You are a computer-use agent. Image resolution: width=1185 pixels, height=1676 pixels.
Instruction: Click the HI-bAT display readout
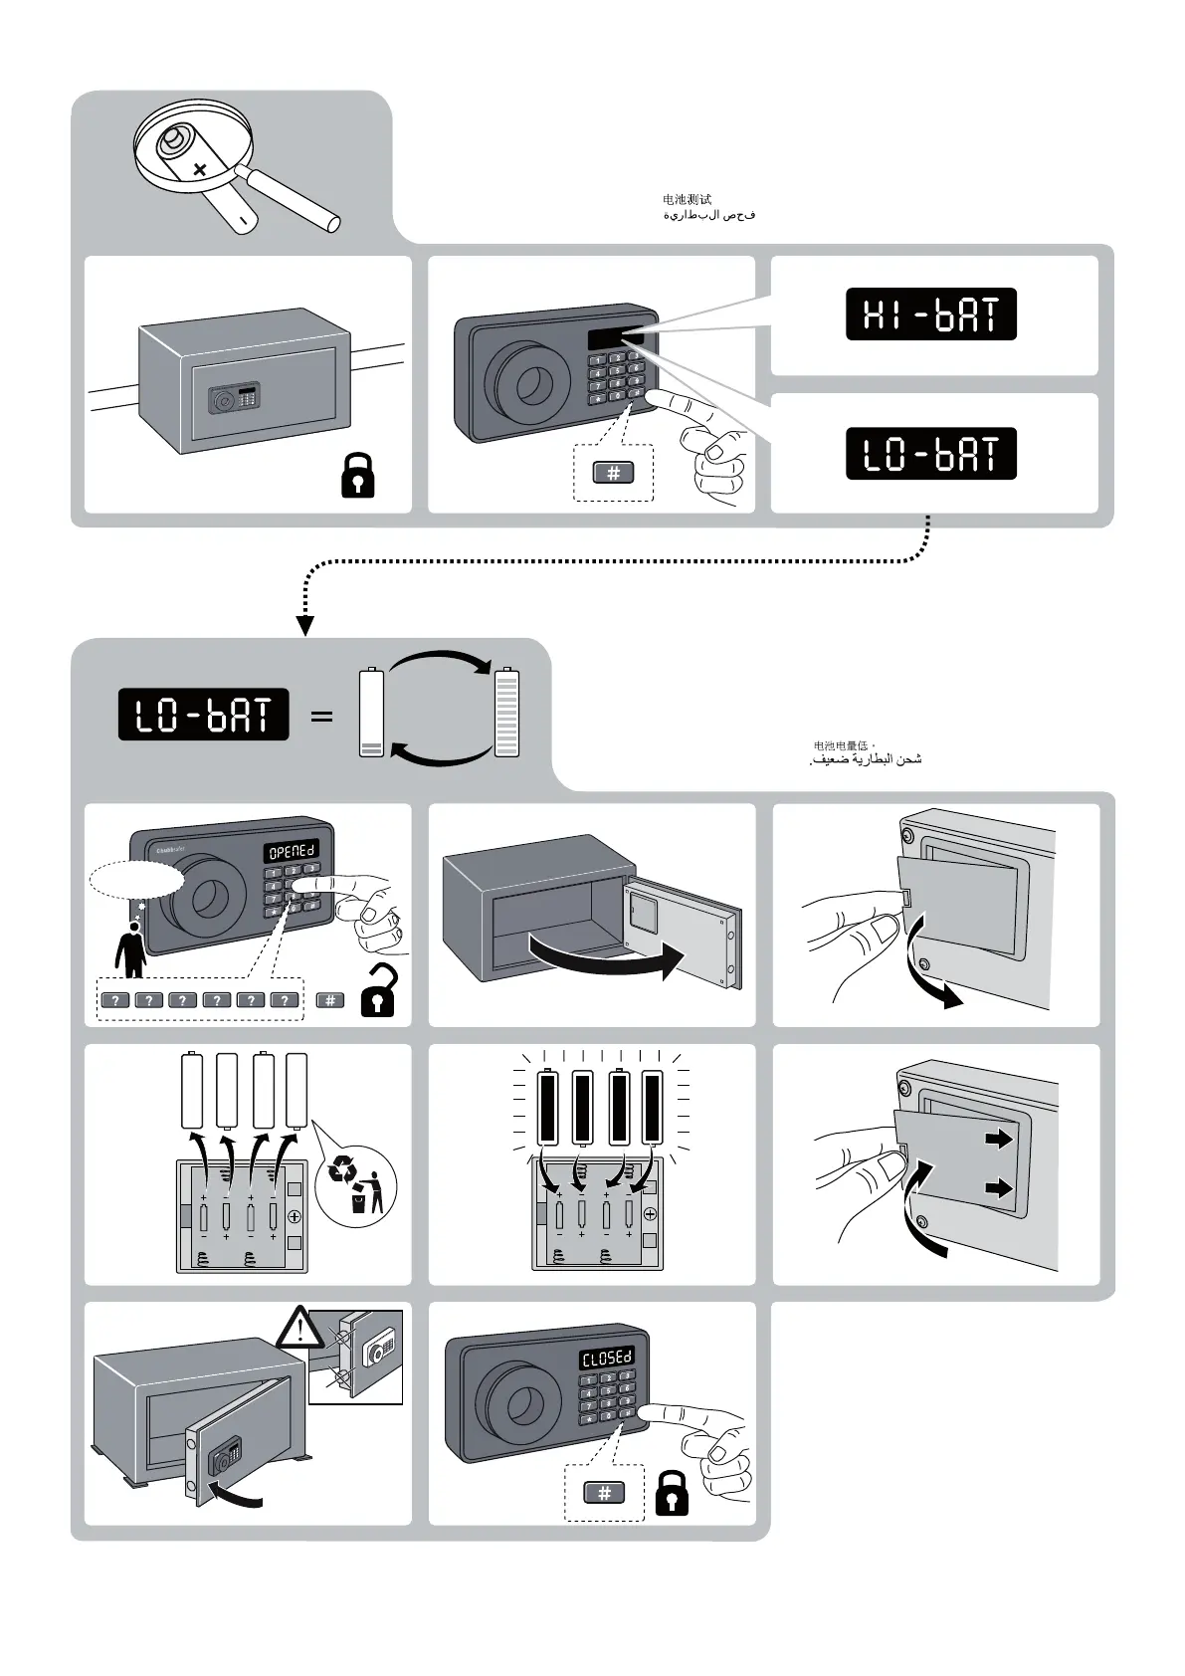pyautogui.click(x=930, y=314)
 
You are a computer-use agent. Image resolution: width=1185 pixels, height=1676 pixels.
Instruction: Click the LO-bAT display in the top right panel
pyautogui.click(x=930, y=454)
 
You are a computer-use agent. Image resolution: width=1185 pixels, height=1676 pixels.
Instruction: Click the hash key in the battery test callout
pyautogui.click(x=613, y=474)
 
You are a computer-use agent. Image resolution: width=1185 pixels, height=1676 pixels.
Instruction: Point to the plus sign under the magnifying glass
pyautogui.click(x=200, y=170)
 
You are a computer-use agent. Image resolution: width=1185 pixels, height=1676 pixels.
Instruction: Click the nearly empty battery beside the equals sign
pyautogui.click(x=371, y=714)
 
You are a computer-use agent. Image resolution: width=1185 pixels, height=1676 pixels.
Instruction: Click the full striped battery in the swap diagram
pyautogui.click(x=507, y=714)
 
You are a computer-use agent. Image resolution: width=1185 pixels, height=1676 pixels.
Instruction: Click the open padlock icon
pyautogui.click(x=378, y=991)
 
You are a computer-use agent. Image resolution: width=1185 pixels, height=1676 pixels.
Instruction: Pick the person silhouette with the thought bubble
pyautogui.click(x=130, y=950)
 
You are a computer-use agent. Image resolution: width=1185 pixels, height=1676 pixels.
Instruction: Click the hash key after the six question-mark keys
pyautogui.click(x=330, y=1000)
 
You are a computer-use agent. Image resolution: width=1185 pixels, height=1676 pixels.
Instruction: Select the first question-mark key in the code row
pyautogui.click(x=115, y=1000)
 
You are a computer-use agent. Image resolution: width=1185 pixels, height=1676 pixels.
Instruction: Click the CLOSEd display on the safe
pyautogui.click(x=607, y=1360)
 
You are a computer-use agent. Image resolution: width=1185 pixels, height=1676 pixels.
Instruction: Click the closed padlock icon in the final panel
pyautogui.click(x=673, y=1492)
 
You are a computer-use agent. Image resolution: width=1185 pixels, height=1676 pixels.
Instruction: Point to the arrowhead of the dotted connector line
pyautogui.click(x=305, y=626)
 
